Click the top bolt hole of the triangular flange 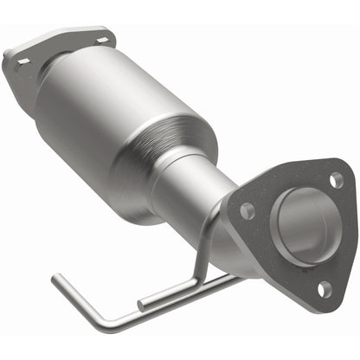coord(336,180)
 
